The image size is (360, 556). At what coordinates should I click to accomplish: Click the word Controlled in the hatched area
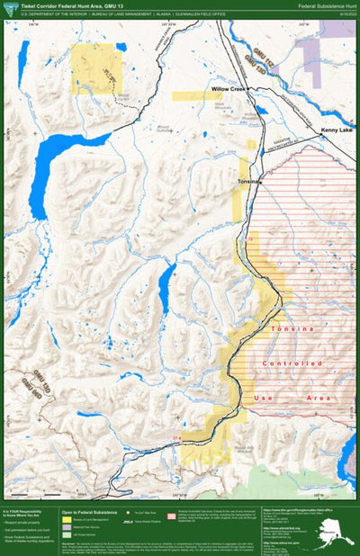click(x=292, y=363)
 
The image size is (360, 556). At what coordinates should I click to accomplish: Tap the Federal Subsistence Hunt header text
click(x=326, y=5)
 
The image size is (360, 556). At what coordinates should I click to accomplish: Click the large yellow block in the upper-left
click(x=95, y=68)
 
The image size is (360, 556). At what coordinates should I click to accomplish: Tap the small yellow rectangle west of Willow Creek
click(x=185, y=94)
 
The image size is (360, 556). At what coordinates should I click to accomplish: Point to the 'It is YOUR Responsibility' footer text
click(x=27, y=510)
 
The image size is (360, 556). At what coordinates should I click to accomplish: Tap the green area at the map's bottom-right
click(x=297, y=481)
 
